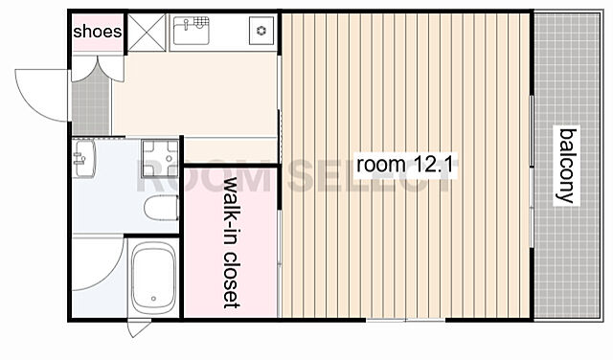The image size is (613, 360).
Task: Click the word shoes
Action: pos(98,32)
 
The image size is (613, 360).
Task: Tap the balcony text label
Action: pos(567,166)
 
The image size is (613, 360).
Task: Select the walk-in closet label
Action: pos(232,242)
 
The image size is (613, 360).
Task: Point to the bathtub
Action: pos(153,278)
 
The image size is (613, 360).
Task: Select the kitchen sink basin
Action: pos(192,31)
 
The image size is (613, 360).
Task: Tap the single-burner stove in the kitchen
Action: pos(261,31)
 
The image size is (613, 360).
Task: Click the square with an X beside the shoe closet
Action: pos(147,33)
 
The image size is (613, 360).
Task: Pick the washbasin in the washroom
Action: pos(83,159)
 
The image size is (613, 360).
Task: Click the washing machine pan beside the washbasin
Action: pos(160,158)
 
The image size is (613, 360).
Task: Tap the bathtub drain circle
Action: pos(153,299)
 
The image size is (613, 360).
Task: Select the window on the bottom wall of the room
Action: pos(406,320)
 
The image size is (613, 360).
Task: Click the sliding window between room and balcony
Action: pos(532,171)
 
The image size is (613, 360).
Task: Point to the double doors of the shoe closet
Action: pos(98,69)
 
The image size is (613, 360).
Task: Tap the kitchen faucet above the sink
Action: pos(187,23)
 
